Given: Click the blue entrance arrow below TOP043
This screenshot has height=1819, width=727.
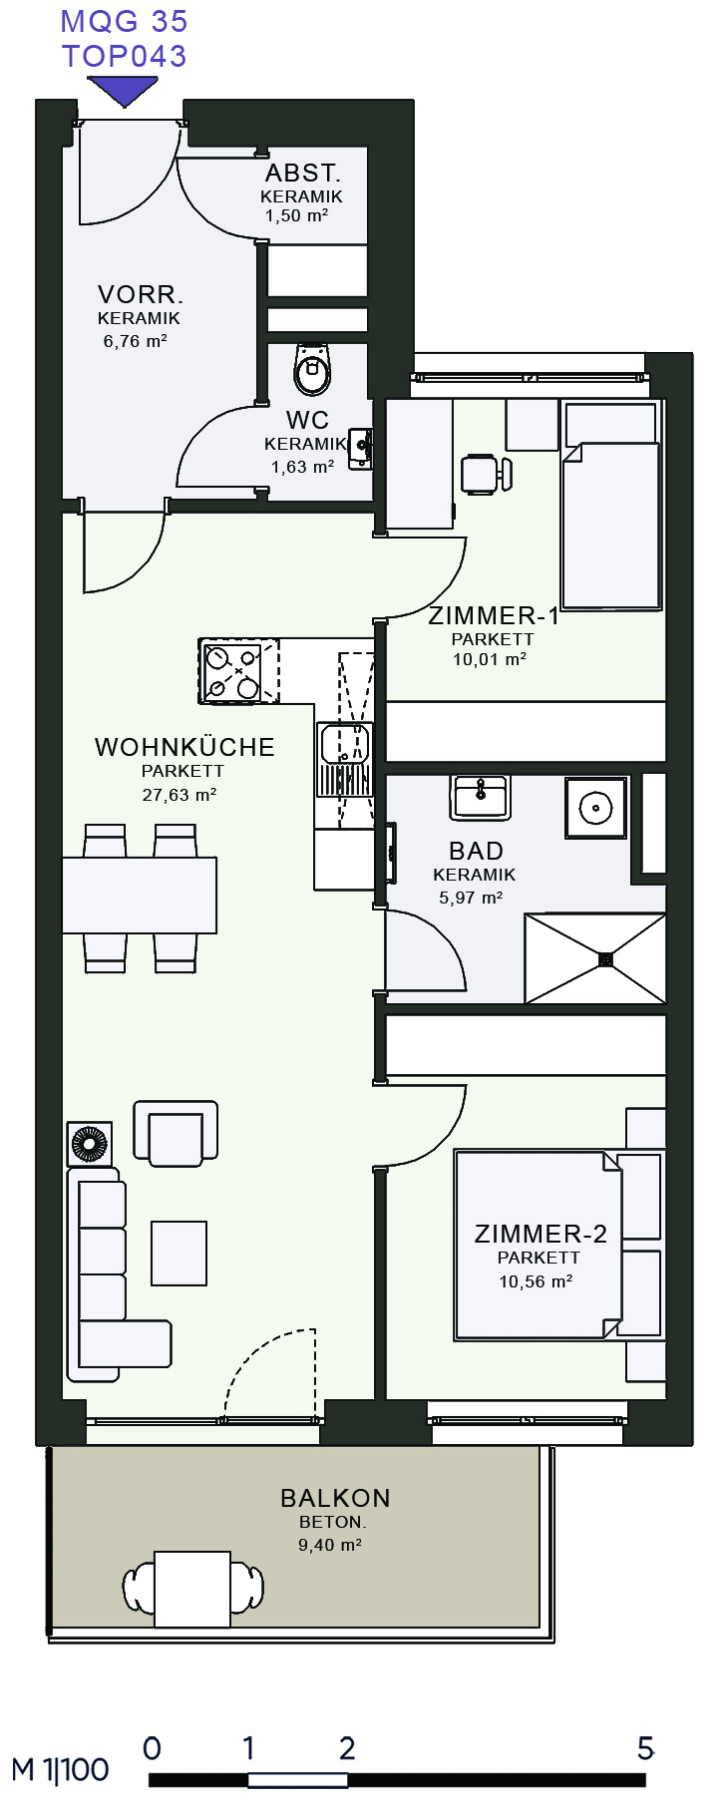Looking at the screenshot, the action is pos(123,91).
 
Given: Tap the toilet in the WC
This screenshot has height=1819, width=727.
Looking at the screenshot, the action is pos(312,369).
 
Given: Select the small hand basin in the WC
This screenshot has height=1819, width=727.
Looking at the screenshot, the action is pos(361,449).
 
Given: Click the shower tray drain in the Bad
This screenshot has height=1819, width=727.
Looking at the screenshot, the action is pos(605,959).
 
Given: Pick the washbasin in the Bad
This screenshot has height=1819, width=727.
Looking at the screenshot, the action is pos(481,797).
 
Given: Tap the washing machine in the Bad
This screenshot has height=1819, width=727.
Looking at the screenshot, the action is pos(596,807).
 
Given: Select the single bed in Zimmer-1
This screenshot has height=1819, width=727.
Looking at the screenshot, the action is pos(611,505).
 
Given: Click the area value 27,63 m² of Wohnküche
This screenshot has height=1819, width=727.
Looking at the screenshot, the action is pos(180,795).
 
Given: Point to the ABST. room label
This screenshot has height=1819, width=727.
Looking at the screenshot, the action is pos(303,173).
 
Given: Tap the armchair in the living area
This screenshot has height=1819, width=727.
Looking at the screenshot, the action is pos(177,1134).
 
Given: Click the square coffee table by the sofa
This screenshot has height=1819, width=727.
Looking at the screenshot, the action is pos(180,1254).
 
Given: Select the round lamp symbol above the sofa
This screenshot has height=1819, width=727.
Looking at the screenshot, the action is pos(90,1144).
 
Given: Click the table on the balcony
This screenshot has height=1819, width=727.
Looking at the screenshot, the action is pos(192,1590).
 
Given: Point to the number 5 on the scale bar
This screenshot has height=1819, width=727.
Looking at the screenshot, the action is pos(645,1748).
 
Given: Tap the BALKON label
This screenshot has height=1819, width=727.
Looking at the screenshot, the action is pos(335,1498).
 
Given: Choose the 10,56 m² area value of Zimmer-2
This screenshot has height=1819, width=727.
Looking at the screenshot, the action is pos(536,1281).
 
